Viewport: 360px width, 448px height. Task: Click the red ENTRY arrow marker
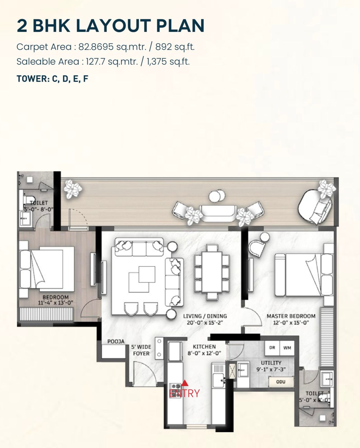[x=185, y=383]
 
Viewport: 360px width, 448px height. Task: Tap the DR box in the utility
[x=272, y=348]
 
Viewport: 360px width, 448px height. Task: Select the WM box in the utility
[x=287, y=348]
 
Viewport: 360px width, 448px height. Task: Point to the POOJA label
[x=116, y=341]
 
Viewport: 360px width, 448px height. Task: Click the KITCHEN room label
[x=204, y=347]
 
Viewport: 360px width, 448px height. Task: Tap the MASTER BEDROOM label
[x=291, y=316]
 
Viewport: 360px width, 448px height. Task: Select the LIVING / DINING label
[x=205, y=316]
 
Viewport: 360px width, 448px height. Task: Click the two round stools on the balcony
[x=217, y=196]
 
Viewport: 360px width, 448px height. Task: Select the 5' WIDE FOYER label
[x=141, y=350]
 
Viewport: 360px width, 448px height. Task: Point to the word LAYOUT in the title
[x=113, y=26]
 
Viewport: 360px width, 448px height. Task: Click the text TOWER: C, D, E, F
[x=52, y=79]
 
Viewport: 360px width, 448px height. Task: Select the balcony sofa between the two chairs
[x=218, y=213]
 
